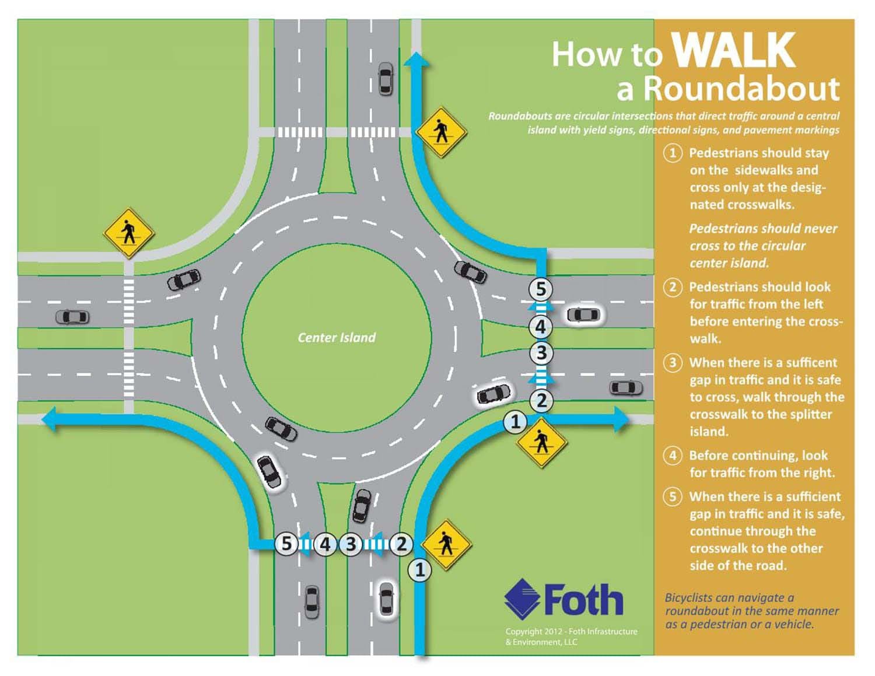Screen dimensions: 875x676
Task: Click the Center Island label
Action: point(336,337)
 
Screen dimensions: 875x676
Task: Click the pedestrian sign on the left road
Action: point(129,233)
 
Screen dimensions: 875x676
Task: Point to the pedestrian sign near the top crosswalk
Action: point(441,132)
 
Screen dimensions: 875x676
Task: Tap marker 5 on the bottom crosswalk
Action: point(286,544)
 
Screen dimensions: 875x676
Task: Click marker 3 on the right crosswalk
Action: point(541,353)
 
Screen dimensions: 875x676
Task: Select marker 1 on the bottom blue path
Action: point(420,570)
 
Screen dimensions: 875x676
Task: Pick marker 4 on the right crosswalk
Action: point(540,327)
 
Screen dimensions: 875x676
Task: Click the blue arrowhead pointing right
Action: point(621,419)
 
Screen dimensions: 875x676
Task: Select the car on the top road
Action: point(386,79)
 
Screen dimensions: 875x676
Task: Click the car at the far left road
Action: point(72,317)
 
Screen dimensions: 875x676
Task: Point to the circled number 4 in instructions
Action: point(673,456)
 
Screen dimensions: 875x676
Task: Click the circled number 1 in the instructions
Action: point(673,153)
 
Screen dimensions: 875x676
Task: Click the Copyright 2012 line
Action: point(572,631)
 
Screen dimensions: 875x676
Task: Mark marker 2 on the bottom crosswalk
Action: point(401,544)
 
